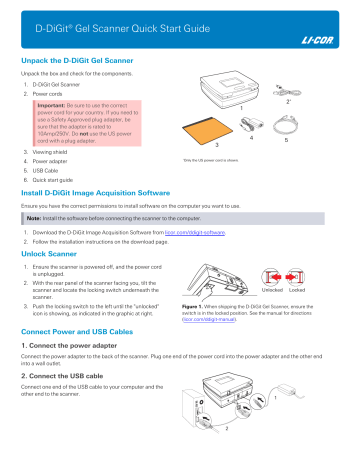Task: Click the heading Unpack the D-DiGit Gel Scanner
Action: [x=81, y=62]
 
